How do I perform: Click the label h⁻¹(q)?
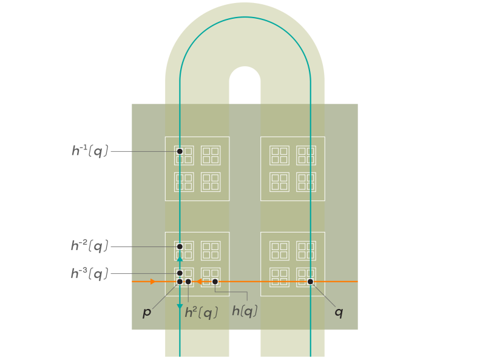point(90,151)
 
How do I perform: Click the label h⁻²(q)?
point(90,246)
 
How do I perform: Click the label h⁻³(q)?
point(90,274)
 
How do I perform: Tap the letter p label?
point(146,313)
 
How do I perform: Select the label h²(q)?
point(201,313)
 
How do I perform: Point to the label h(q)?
point(245,311)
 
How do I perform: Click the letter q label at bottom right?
point(339,312)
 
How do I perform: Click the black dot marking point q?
point(310,282)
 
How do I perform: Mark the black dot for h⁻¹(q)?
point(180,151)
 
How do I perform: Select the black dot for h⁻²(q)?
point(180,246)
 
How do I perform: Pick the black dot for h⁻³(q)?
point(180,273)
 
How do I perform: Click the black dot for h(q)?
point(215,282)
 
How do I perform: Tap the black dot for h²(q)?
point(188,282)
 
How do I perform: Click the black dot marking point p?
point(180,282)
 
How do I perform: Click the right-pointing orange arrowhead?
point(153,282)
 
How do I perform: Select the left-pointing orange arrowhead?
point(200,282)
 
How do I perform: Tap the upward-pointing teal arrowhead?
point(180,259)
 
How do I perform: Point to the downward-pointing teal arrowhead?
point(180,307)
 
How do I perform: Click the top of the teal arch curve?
point(245,17)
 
